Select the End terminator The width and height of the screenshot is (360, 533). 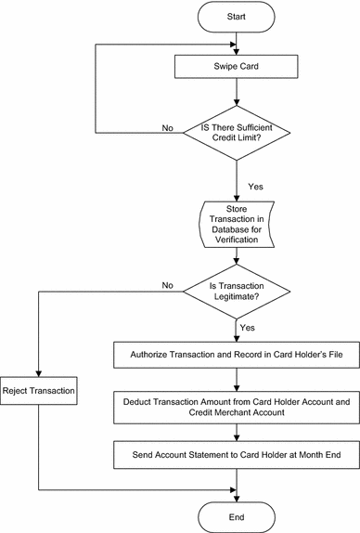click(238, 513)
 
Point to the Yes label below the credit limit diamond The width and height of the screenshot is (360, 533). click(255, 186)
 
